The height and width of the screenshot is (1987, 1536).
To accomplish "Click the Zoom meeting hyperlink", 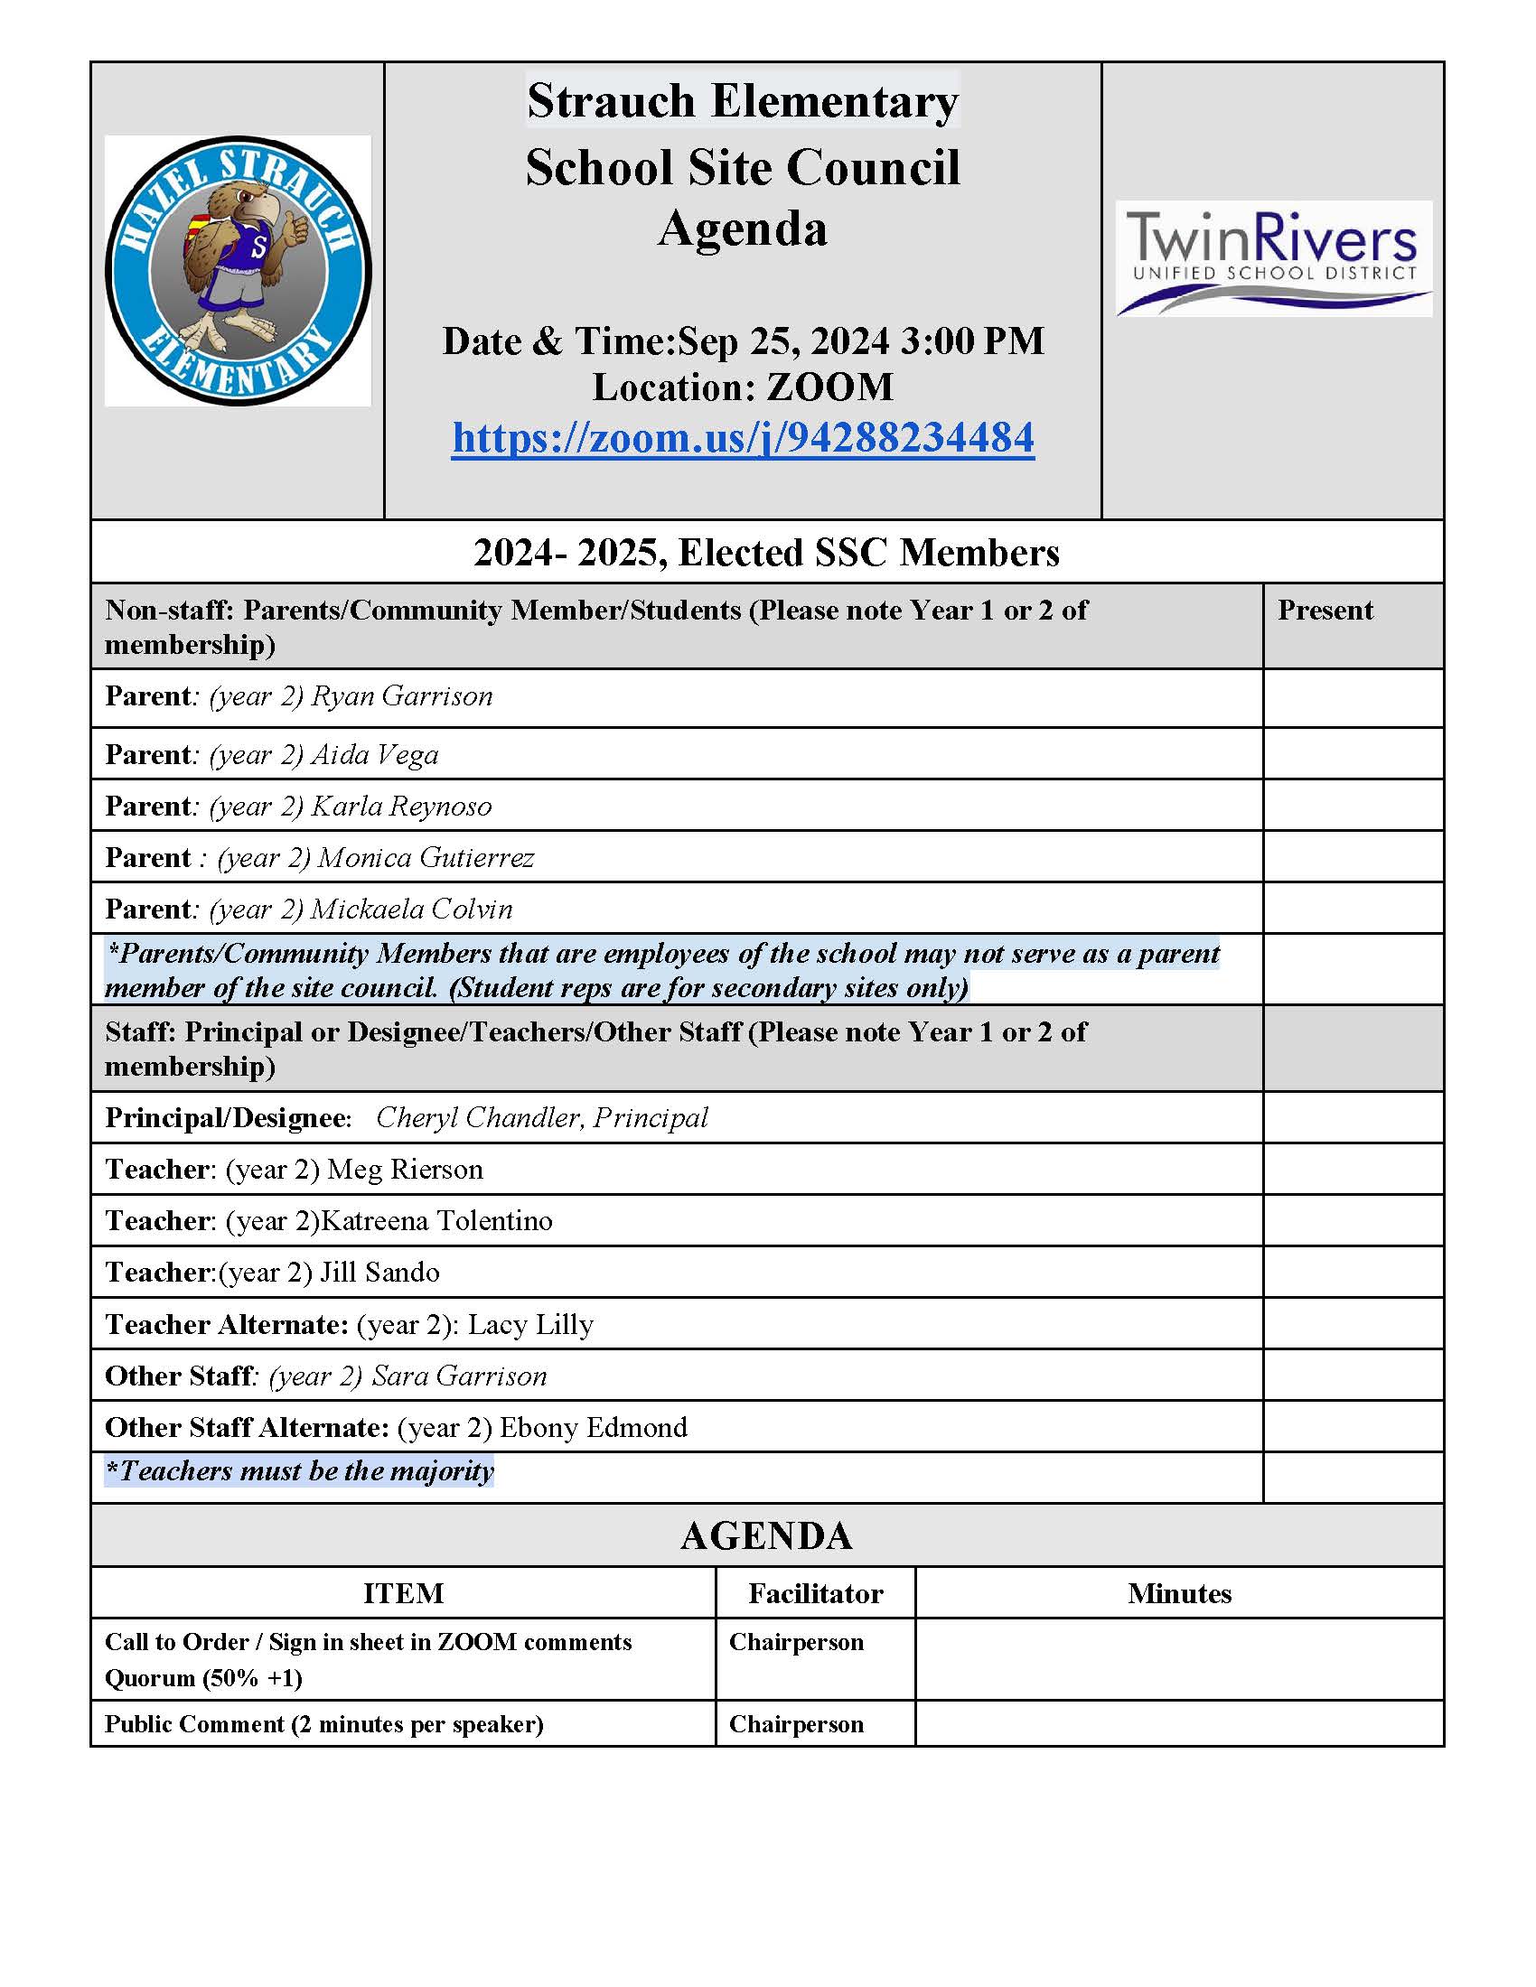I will pyautogui.click(x=743, y=438).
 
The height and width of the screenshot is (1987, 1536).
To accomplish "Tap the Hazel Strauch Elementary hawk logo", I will pyautogui.click(x=238, y=270).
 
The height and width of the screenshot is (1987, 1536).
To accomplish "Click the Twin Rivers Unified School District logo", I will pyautogui.click(x=1273, y=258).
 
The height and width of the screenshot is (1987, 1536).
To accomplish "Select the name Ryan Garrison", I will pyautogui.click(x=401, y=696).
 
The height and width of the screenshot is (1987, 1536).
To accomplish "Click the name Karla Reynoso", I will pyautogui.click(x=400, y=806).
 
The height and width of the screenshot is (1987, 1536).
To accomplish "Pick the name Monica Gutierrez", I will pyautogui.click(x=425, y=857).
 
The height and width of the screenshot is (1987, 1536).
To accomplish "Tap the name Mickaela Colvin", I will pyautogui.click(x=411, y=909).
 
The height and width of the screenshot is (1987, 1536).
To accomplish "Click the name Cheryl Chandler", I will pyautogui.click(x=478, y=1117).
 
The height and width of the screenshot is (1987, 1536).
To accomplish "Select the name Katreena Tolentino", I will pyautogui.click(x=436, y=1220).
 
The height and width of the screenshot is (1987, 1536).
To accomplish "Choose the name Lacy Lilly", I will pyautogui.click(x=530, y=1324).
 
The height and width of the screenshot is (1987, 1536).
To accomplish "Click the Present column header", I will pyautogui.click(x=1325, y=610).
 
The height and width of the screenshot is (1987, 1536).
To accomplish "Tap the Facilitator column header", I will pyautogui.click(x=815, y=1593).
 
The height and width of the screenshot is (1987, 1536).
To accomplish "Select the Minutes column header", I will pyautogui.click(x=1179, y=1593).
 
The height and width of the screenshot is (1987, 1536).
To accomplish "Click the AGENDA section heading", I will pyautogui.click(x=766, y=1535).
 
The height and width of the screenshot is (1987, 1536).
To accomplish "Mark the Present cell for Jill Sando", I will pyautogui.click(x=1353, y=1272).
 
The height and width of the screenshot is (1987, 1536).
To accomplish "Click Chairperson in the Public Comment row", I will pyautogui.click(x=796, y=1724).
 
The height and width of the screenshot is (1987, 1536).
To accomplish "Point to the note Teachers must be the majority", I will pyautogui.click(x=300, y=1471).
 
